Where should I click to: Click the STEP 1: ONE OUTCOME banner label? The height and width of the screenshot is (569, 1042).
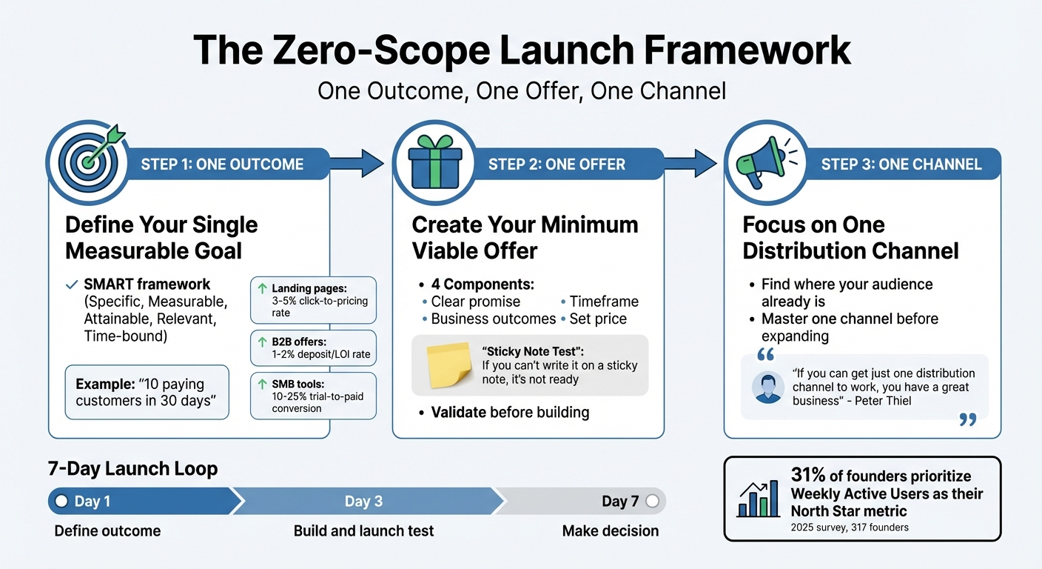click(222, 164)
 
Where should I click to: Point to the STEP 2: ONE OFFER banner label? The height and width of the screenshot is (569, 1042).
click(557, 164)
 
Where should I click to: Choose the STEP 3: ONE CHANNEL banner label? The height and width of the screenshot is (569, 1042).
click(901, 164)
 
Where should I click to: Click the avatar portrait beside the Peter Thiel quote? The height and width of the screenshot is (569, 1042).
click(767, 387)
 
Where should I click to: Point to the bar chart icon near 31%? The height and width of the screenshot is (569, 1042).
click(758, 498)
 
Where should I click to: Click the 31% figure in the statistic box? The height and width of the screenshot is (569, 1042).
click(807, 476)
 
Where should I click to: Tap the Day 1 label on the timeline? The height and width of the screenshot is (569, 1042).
click(92, 502)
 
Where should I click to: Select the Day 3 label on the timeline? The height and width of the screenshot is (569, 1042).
click(363, 502)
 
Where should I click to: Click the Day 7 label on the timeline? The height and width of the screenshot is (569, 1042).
click(620, 502)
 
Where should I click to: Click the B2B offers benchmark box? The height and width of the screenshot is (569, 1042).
click(314, 348)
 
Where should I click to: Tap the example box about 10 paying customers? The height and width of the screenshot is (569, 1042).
click(147, 392)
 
